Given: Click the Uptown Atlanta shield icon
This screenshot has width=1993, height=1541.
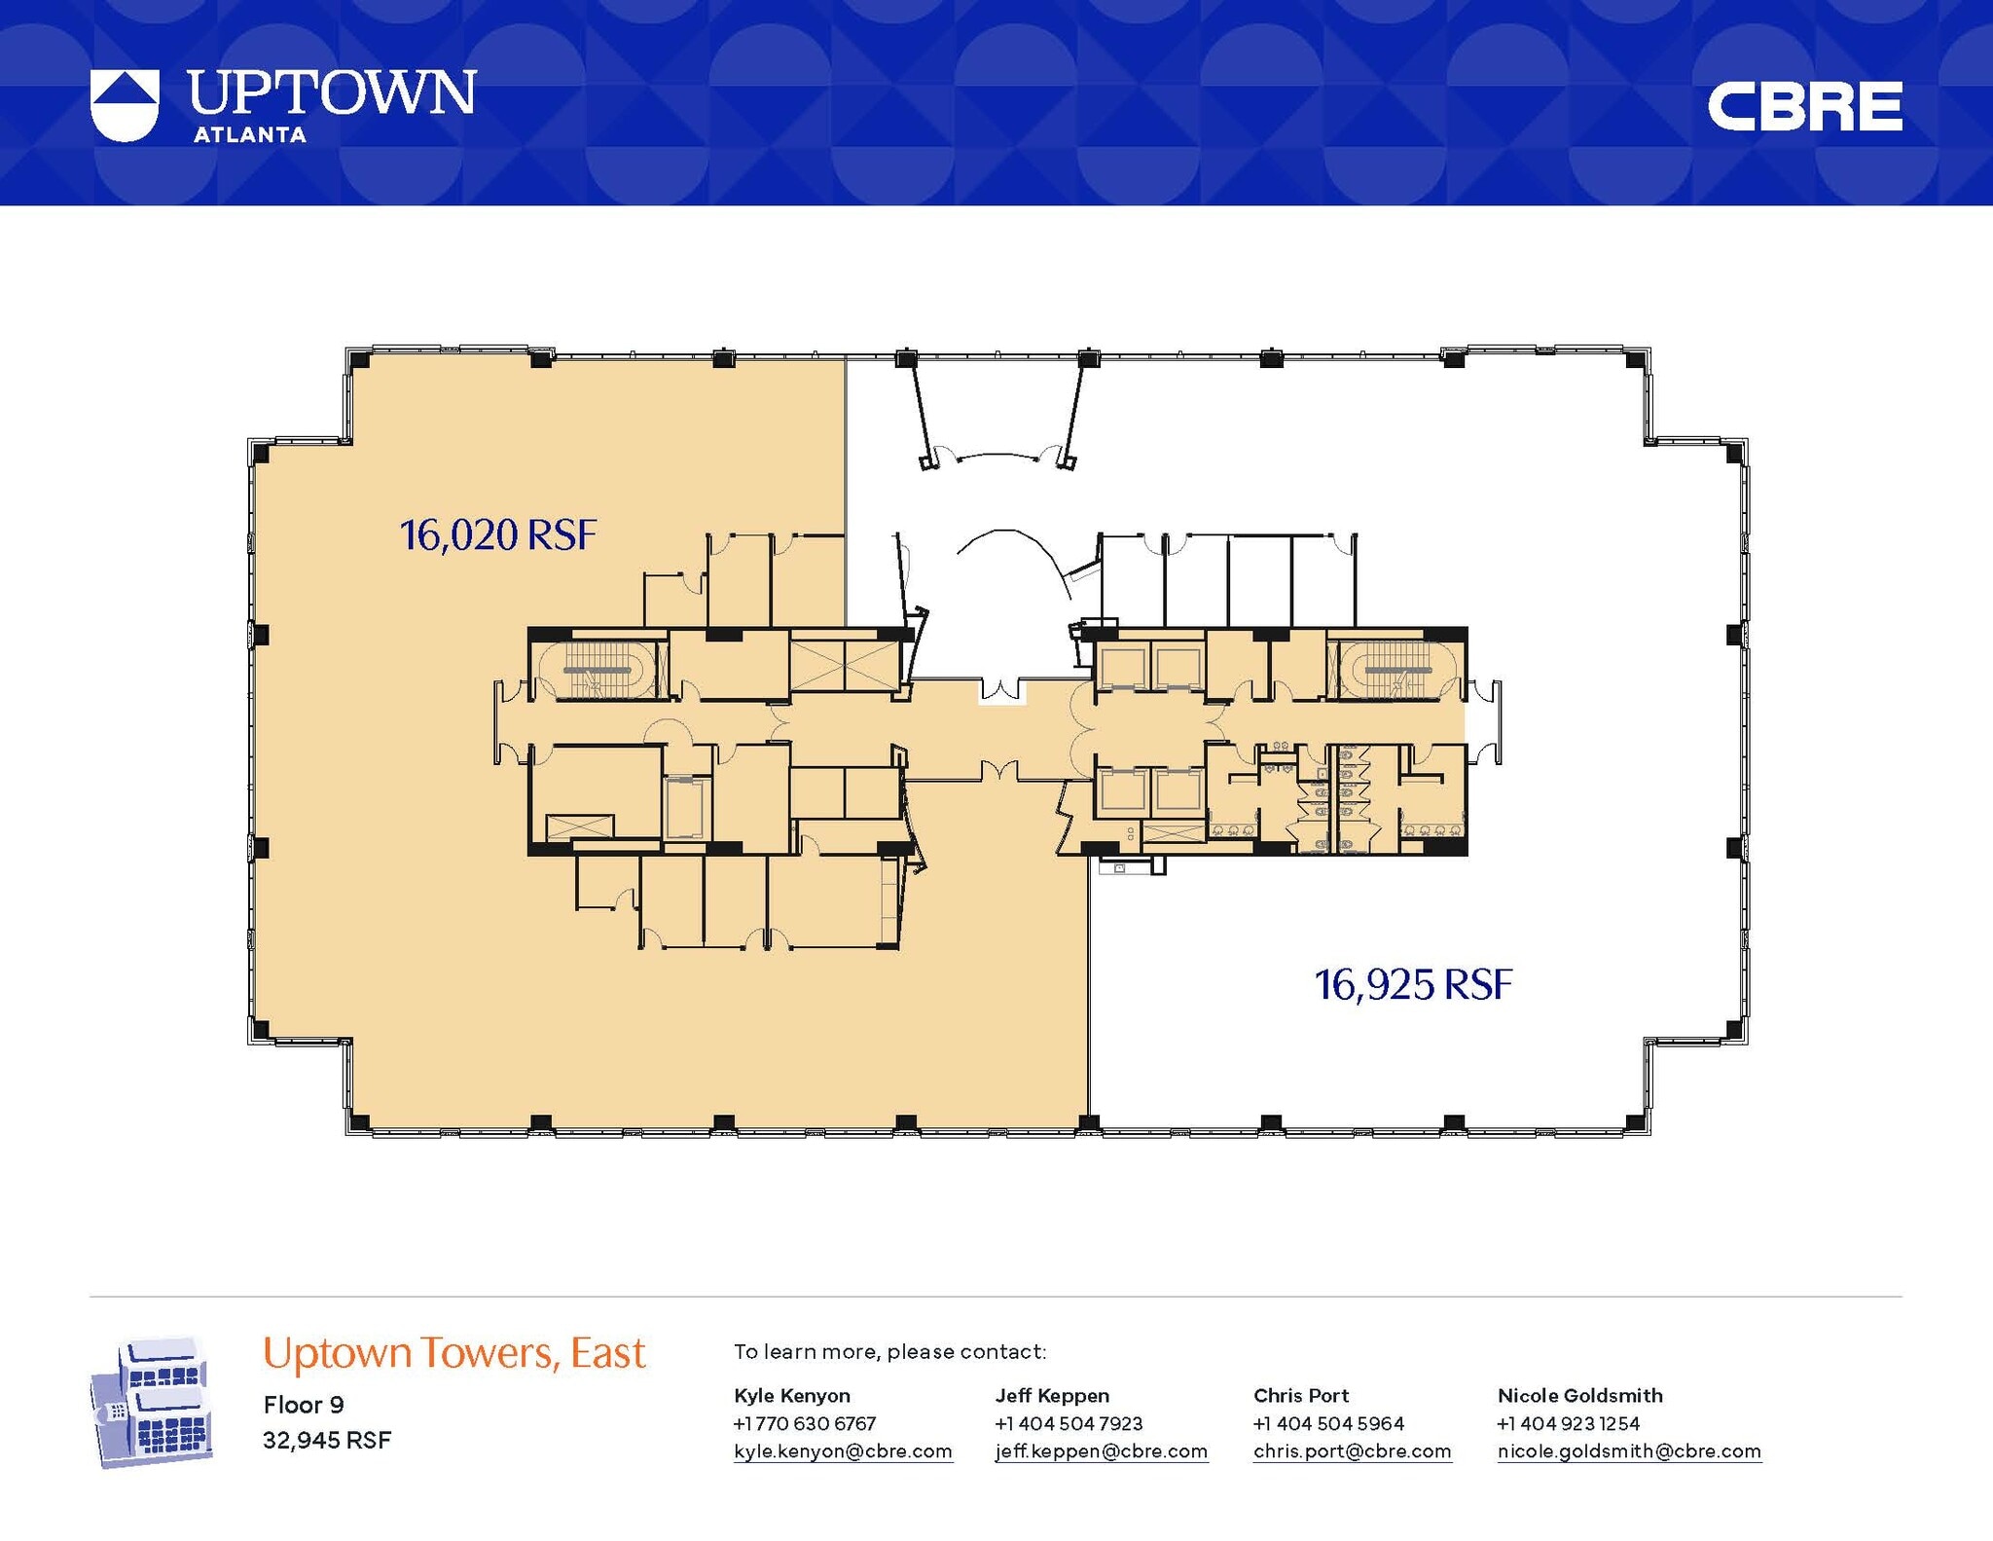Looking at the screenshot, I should click(124, 105).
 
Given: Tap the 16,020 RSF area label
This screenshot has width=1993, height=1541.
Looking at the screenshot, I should click(497, 535).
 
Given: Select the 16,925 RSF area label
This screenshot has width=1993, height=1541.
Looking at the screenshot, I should click(1413, 985).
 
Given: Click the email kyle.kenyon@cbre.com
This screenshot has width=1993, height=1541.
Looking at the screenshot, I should click(842, 1451).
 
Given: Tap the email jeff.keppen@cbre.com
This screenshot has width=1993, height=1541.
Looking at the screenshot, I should click(1101, 1451).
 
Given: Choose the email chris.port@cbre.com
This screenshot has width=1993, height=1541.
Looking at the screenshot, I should click(1352, 1451).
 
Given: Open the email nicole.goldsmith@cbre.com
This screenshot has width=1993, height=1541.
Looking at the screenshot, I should click(1629, 1451).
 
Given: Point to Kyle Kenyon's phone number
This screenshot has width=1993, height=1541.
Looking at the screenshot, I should click(805, 1423).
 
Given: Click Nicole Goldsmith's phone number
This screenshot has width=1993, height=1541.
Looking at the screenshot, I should click(1568, 1423).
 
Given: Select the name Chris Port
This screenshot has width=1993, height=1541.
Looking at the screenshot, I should click(1301, 1395).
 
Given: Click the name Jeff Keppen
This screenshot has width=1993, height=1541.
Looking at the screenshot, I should click(1052, 1395).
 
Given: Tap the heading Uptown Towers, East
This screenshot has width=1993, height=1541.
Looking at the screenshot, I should click(453, 1353).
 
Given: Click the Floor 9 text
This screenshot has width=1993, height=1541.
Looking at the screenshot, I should click(304, 1405).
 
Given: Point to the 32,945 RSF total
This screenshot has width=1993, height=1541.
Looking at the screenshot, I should click(327, 1440).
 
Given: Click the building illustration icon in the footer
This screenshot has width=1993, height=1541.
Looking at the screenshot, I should click(151, 1403).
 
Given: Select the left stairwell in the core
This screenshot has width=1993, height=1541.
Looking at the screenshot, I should click(598, 669).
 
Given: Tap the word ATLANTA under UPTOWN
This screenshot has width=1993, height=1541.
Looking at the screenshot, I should click(250, 135).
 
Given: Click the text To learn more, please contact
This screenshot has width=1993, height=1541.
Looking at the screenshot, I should click(889, 1351).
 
